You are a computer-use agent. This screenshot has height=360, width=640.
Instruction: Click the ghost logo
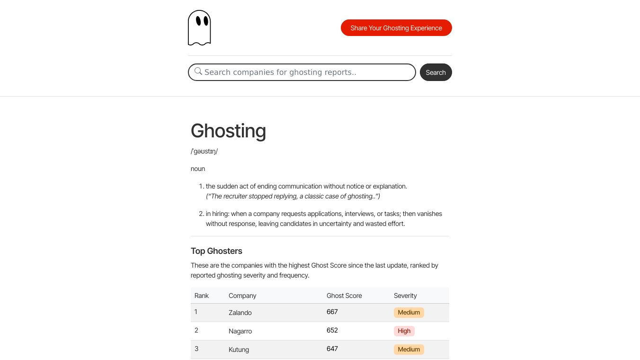(x=199, y=28)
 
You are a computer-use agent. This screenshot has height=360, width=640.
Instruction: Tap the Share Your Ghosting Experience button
(x=396, y=28)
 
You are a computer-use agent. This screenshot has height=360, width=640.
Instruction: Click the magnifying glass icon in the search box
(x=198, y=72)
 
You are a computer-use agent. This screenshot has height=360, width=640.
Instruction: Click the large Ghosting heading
(x=228, y=131)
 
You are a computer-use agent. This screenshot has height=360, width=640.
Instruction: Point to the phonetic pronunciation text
(x=204, y=152)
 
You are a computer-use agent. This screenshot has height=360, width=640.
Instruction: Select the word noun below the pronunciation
(x=198, y=169)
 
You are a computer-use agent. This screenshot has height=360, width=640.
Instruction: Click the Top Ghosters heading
(x=216, y=251)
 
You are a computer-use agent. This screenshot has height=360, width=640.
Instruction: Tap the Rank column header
(x=202, y=296)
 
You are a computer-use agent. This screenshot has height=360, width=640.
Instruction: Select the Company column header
(x=242, y=296)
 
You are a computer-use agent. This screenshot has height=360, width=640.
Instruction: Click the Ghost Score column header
(x=344, y=296)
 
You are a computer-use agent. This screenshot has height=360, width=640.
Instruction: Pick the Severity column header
(x=405, y=296)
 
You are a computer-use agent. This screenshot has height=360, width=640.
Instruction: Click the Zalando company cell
(x=240, y=313)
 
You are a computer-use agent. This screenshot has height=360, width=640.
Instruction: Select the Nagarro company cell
(x=240, y=331)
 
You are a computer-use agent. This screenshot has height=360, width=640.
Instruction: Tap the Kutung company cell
(x=239, y=350)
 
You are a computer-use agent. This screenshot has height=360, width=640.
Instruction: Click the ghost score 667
(x=332, y=312)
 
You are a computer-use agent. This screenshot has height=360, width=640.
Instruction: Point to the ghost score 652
(x=332, y=330)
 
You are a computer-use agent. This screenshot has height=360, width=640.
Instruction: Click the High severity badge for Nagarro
(x=404, y=331)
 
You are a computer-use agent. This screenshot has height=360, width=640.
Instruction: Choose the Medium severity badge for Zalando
(x=409, y=313)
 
